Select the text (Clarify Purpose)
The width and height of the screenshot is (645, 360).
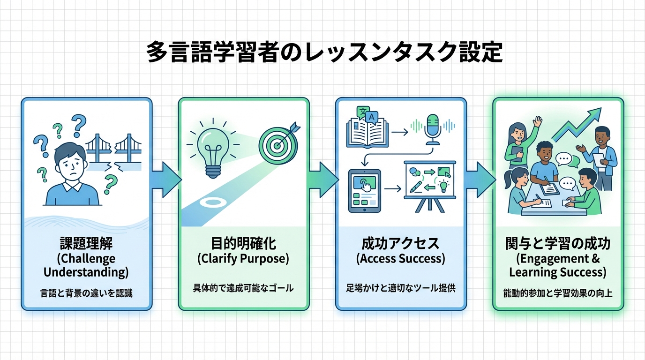pyautogui.click(x=243, y=258)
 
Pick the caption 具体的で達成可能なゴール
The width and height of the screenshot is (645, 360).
pyautogui.click(x=243, y=288)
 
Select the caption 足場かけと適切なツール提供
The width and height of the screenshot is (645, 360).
pyautogui.click(x=400, y=288)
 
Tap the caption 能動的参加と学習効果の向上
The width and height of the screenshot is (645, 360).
pyautogui.click(x=557, y=294)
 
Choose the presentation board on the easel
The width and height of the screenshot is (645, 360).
pyautogui.click(x=429, y=185)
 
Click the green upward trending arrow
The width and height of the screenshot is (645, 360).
pyautogui.click(x=577, y=124)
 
